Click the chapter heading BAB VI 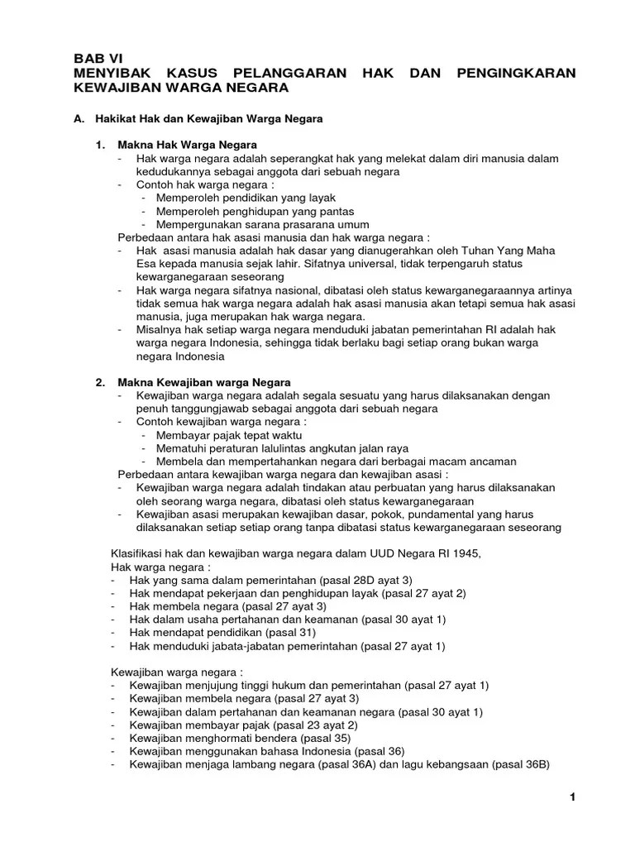[x=92, y=59]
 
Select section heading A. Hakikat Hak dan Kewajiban [x=198, y=119]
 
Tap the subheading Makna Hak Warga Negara [x=189, y=145]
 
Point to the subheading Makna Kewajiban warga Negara [x=204, y=382]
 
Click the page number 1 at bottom [x=571, y=797]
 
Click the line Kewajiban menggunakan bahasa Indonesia [x=266, y=751]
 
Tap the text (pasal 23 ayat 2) [x=309, y=725]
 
